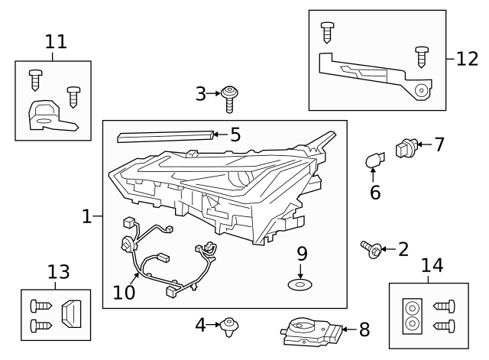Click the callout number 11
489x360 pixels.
tap(55, 41)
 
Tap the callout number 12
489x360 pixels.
tap(467, 58)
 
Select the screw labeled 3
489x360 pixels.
tap(228, 97)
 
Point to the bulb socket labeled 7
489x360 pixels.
tap(404, 147)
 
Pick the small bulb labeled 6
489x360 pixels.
tap(374, 161)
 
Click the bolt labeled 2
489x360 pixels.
tap(374, 248)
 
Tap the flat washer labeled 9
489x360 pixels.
tap(300, 285)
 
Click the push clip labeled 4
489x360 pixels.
tap(228, 326)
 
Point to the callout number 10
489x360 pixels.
tap(124, 291)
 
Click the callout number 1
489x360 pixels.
tap(87, 217)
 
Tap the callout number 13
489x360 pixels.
tap(58, 272)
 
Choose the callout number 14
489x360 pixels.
tap(432, 265)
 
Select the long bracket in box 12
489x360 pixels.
tap(374, 75)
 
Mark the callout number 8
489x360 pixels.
tap(364, 330)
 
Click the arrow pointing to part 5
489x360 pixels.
tap(217, 135)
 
